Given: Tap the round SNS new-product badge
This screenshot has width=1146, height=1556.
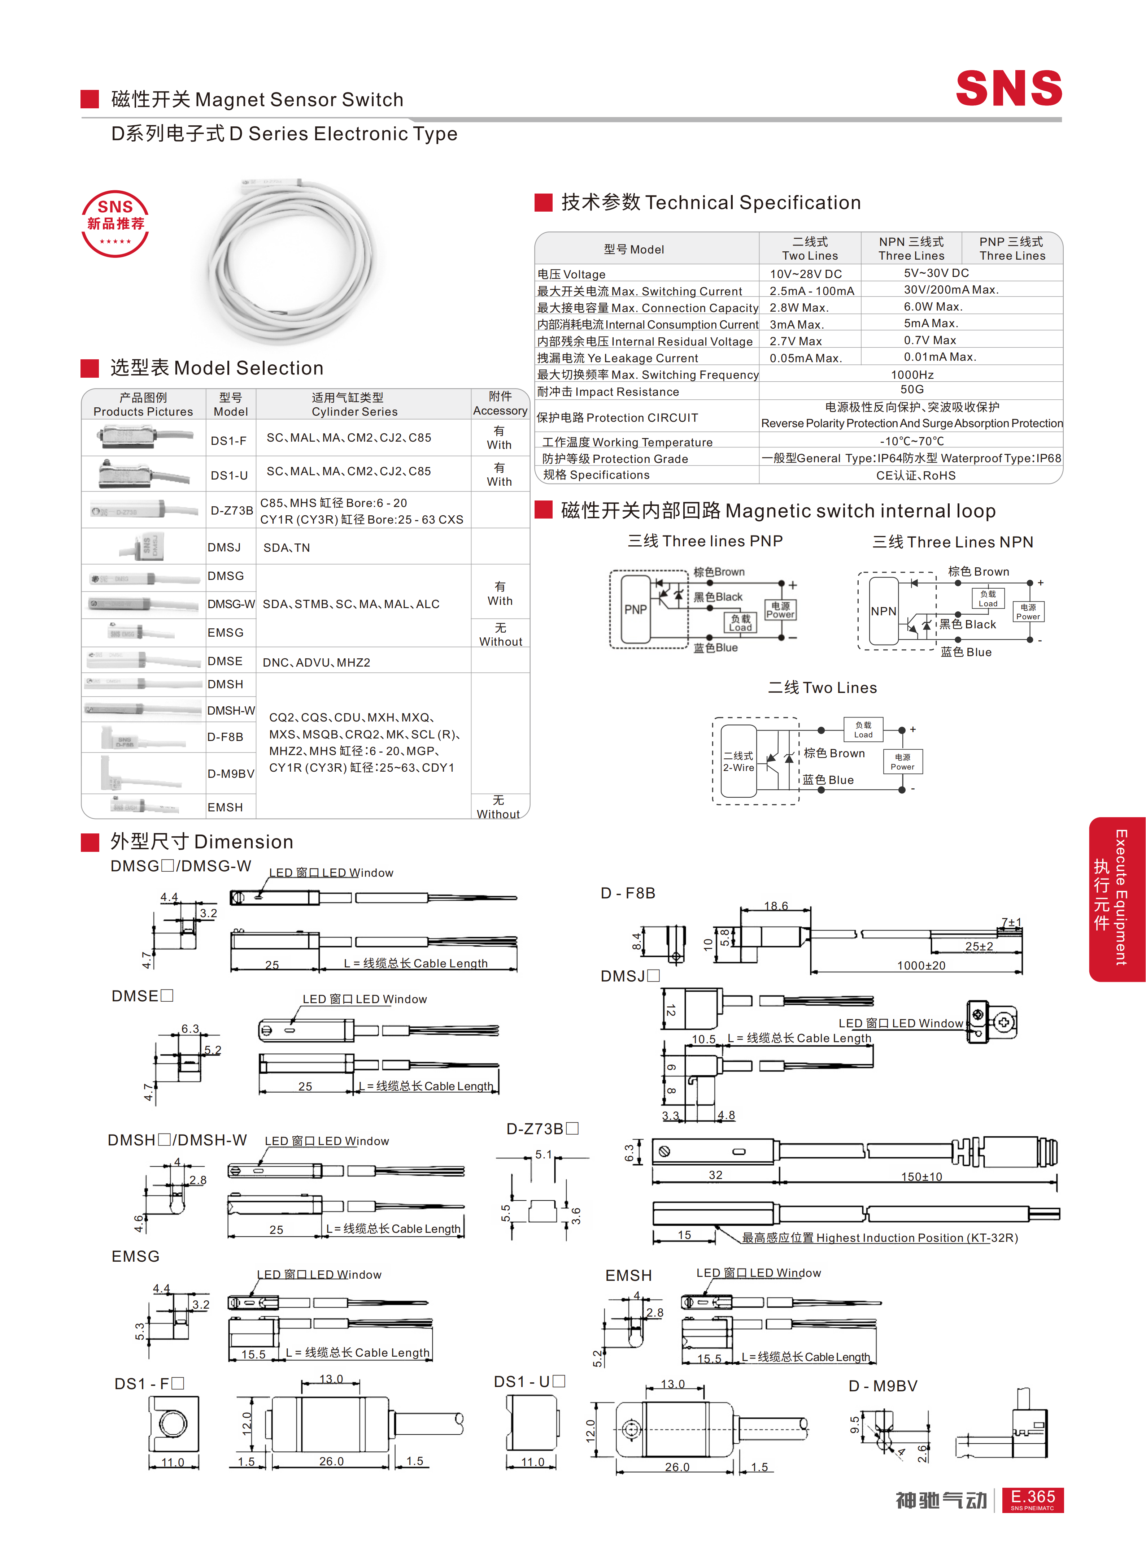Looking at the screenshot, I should (115, 224).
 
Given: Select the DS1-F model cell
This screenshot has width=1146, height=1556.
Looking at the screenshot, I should (229, 441).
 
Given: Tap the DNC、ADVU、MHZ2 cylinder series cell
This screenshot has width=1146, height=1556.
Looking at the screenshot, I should (316, 662).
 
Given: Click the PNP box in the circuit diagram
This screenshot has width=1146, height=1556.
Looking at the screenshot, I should (635, 609).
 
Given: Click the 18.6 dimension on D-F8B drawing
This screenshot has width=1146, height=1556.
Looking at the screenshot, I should (776, 906).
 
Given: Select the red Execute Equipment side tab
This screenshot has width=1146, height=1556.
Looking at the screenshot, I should (1117, 899).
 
